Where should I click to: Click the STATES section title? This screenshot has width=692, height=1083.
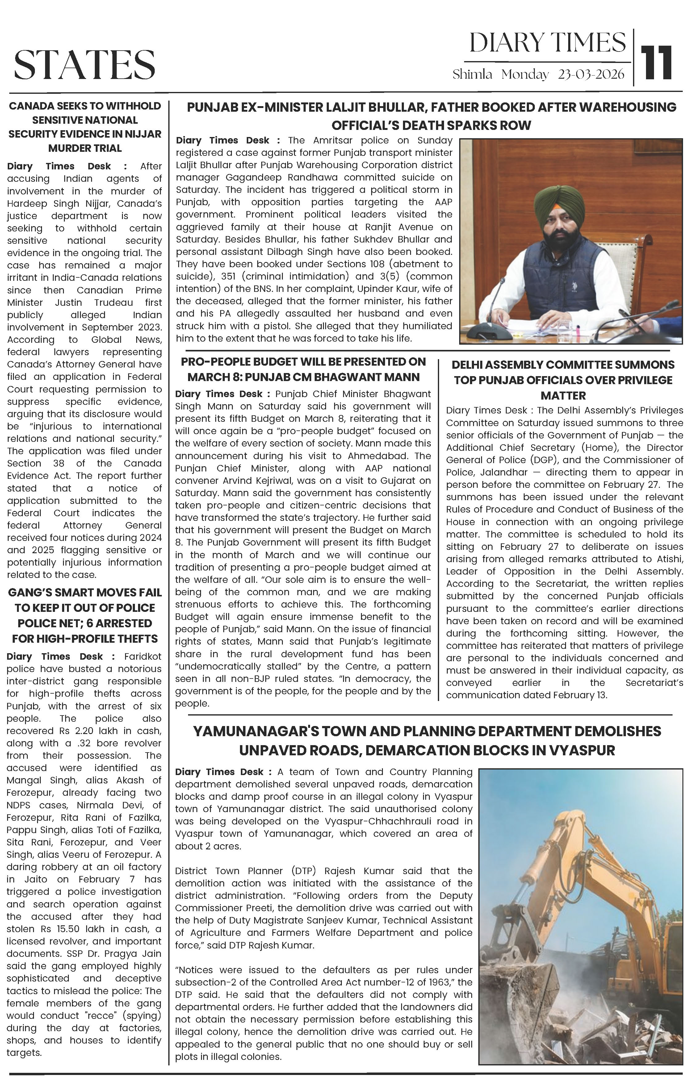pyautogui.click(x=85, y=64)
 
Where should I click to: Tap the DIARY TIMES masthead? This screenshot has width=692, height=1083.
pyautogui.click(x=547, y=43)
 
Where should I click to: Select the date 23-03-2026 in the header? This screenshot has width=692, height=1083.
pyautogui.click(x=591, y=74)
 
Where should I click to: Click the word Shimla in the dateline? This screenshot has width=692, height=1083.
pyautogui.click(x=472, y=74)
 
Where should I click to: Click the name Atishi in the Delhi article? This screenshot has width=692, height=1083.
pyautogui.click(x=671, y=559)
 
